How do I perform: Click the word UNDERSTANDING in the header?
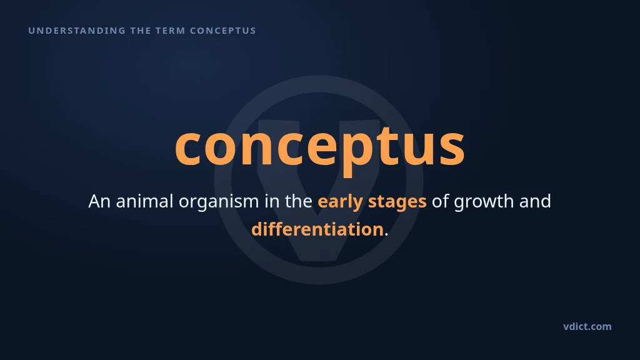click(77, 31)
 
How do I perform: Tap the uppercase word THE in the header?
click(141, 31)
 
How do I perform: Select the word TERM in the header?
click(171, 31)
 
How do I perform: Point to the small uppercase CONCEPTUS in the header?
click(223, 31)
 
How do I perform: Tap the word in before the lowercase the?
click(272, 201)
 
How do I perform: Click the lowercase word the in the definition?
click(299, 201)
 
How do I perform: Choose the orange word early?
click(341, 202)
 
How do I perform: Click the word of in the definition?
click(441, 201)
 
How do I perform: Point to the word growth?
click(484, 202)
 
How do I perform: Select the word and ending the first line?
click(535, 201)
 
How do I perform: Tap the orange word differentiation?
click(317, 229)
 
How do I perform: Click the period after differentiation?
click(386, 235)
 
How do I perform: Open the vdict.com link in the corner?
click(587, 326)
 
